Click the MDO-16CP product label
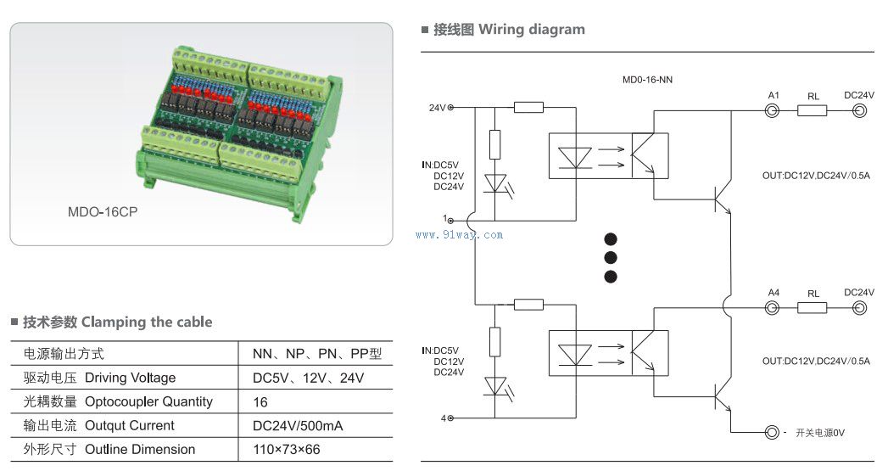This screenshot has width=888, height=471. [x=102, y=212]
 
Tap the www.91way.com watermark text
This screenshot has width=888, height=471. [x=459, y=235]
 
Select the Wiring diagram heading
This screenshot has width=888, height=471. [x=531, y=30]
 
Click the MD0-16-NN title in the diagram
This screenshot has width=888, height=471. [x=648, y=79]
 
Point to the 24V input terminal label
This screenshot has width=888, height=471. [x=437, y=108]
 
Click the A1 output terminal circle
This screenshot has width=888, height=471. [x=773, y=111]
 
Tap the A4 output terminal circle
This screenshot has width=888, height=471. [x=773, y=308]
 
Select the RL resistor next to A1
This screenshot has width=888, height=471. [x=813, y=111]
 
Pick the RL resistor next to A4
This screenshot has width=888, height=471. [x=813, y=308]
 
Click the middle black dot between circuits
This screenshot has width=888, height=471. [x=610, y=257]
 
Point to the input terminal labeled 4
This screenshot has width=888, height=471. [x=450, y=418]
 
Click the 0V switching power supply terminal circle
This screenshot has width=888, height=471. [x=772, y=433]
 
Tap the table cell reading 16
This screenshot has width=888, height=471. [x=260, y=402]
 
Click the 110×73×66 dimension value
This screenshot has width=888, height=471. [x=286, y=450]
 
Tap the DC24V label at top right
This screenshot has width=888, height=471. [x=858, y=96]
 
